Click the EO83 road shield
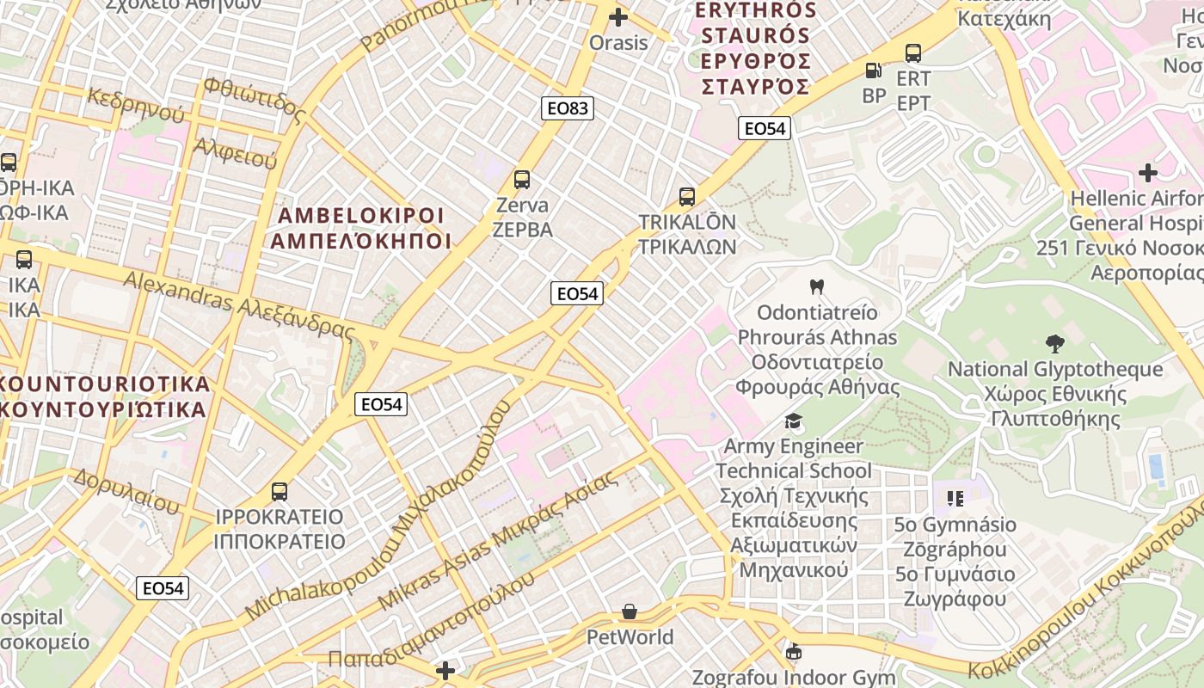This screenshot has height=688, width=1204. tap(568, 107)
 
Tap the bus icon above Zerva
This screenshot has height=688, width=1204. tap(522, 180)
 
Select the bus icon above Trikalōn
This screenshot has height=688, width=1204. tap(686, 196)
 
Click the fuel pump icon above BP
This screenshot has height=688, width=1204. tap(873, 71)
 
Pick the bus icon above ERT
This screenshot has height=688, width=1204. tap(913, 53)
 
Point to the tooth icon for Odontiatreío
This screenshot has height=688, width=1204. tap(816, 286)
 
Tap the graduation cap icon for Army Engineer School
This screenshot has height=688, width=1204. tap(793, 421)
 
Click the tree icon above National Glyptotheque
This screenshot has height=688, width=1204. tap(1054, 344)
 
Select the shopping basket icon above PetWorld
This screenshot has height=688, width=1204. tap(630, 611)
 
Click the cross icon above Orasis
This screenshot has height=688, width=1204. tap(617, 16)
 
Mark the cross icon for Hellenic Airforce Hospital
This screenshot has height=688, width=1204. tap(1148, 173)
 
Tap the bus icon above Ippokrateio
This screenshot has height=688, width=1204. tap(279, 492)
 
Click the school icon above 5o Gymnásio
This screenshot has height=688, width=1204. tap(955, 498)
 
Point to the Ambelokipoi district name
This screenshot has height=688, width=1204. tap(360, 228)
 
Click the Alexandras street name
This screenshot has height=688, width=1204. tap(239, 304)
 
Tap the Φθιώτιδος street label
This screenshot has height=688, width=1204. tap(255, 99)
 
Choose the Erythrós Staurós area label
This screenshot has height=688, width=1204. tap(755, 48)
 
